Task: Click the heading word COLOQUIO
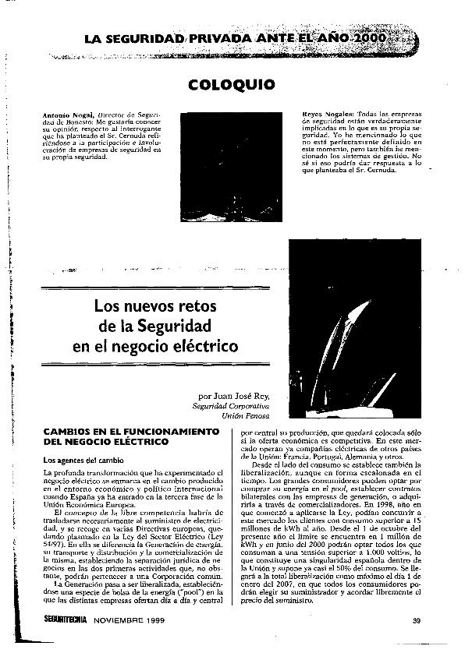tap(232, 84)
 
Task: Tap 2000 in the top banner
tap(373, 38)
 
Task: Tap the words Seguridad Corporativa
tap(231, 407)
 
